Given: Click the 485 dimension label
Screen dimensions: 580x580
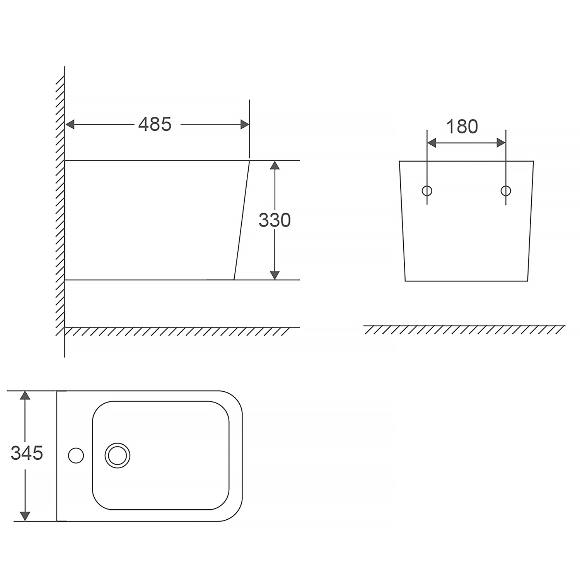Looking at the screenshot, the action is [x=155, y=124].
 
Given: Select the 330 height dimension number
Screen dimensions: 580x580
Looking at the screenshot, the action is [x=275, y=220].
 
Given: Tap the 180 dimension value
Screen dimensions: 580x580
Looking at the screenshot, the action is [x=462, y=126].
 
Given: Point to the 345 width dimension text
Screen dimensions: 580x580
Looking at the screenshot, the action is [x=27, y=453].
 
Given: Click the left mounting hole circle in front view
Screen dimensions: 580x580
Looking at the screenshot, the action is [x=427, y=191].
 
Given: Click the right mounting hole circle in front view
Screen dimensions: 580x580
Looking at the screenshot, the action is [x=506, y=191].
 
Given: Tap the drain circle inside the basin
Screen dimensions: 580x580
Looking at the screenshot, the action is [x=117, y=455].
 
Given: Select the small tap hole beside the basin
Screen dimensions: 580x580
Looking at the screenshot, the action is [x=76, y=455].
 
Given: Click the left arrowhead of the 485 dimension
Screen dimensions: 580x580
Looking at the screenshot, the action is [x=70, y=125].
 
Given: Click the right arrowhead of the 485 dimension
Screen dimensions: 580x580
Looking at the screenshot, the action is [x=245, y=125].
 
